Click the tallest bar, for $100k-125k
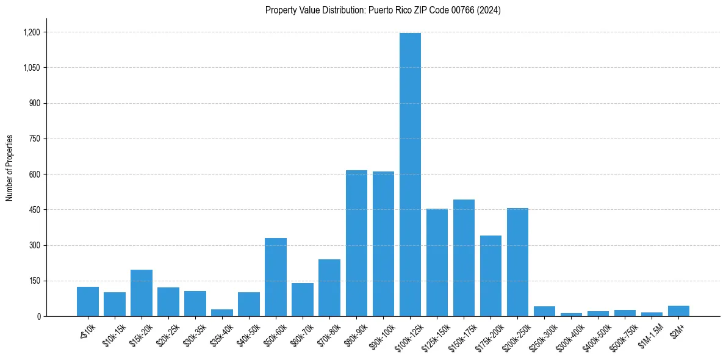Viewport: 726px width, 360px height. click(410, 175)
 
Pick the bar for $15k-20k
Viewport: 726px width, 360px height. click(142, 293)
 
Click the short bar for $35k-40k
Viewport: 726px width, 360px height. click(222, 312)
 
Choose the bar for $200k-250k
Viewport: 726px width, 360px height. click(517, 262)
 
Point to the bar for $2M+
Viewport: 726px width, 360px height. click(678, 311)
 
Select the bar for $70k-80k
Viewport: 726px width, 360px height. click(329, 287)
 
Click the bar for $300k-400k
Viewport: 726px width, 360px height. click(571, 314)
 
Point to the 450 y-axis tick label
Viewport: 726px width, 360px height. click(35, 210)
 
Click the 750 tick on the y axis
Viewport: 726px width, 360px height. click(35, 139)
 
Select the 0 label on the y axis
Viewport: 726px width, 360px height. click(38, 316)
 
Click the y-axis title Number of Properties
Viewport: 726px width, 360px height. click(9, 167)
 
